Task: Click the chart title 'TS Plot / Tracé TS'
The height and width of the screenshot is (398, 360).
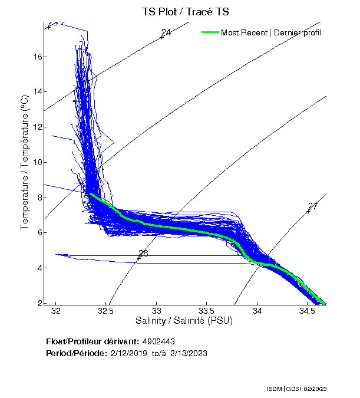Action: (185, 12)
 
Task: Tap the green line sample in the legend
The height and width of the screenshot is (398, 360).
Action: (209, 32)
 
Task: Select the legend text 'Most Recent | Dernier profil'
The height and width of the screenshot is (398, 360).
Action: (271, 32)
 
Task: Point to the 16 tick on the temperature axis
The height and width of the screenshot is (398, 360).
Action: (38, 57)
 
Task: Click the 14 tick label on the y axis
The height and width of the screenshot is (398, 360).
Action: (38, 91)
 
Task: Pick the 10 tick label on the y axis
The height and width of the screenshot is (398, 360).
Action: (38, 162)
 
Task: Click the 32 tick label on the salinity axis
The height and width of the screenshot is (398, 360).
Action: (56, 311)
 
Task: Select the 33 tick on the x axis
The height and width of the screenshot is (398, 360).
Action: (157, 311)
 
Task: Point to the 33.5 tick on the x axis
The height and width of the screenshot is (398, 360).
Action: (207, 311)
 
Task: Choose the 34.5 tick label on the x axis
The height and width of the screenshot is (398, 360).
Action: (307, 311)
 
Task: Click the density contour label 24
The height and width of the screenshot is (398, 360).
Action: (166, 32)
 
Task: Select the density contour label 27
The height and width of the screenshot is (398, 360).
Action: (313, 206)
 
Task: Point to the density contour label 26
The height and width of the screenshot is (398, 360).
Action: (143, 254)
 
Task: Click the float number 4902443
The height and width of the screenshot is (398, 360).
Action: (158, 341)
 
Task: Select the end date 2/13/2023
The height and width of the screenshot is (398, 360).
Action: (189, 353)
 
